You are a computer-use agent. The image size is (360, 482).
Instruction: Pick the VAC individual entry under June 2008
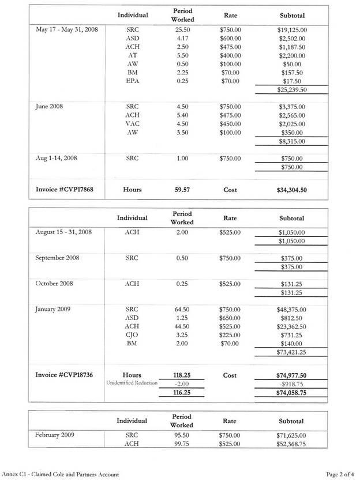tap(132, 124)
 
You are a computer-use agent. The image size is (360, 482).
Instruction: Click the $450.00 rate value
tap(230, 124)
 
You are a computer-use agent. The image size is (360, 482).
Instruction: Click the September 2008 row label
tap(57, 258)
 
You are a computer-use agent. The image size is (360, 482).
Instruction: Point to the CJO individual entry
tap(132, 335)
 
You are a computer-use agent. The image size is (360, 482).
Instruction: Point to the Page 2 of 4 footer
tap(339, 475)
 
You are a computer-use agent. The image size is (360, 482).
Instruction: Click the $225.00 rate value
tap(230, 335)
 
